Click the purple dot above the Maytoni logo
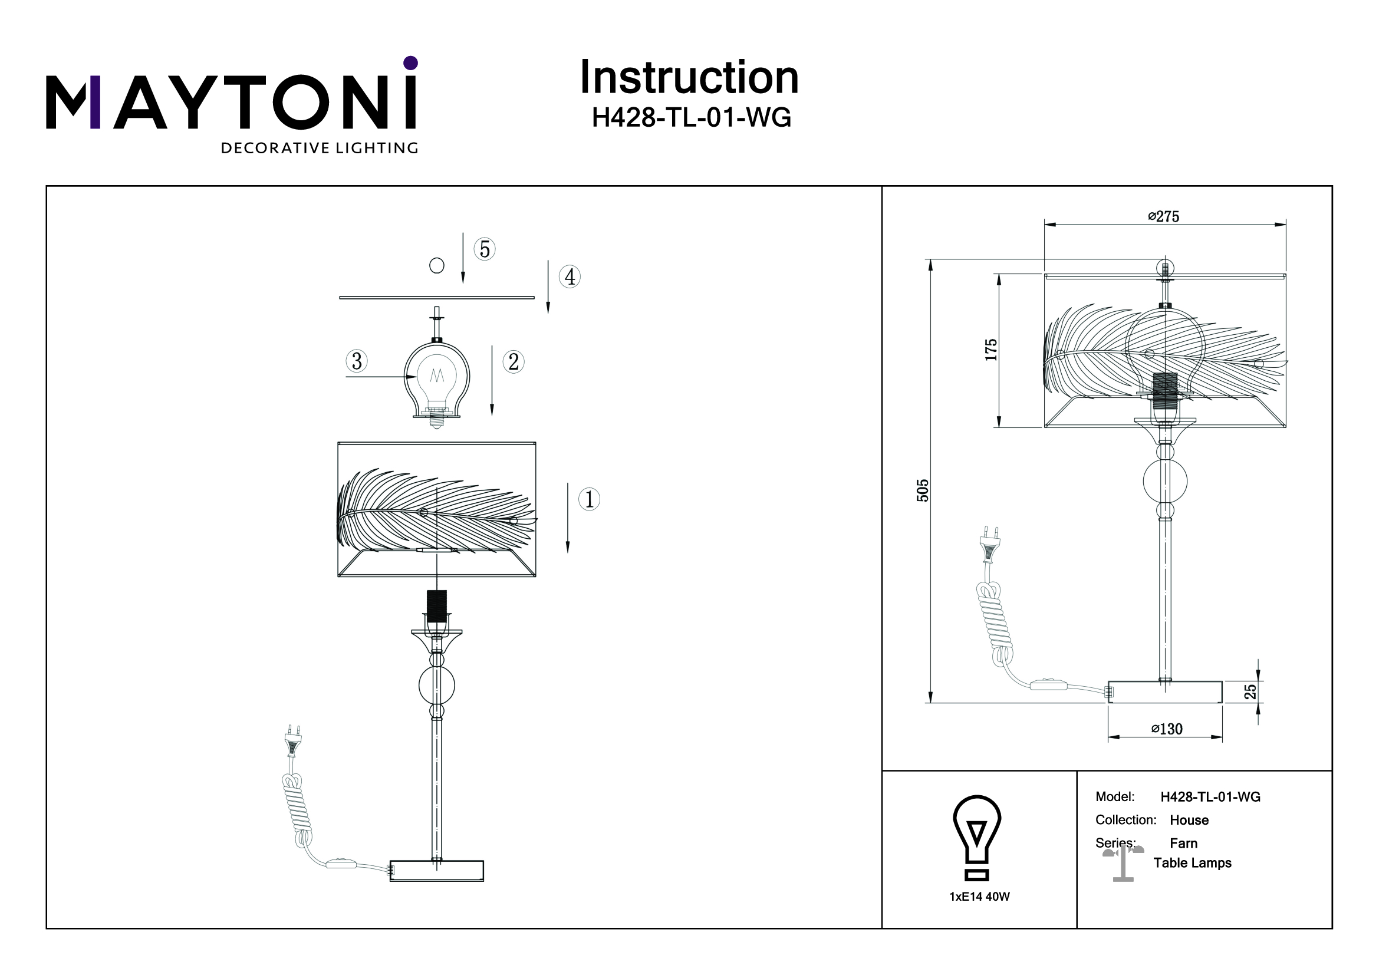tap(410, 63)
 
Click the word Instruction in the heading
tap(689, 78)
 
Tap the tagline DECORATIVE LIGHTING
tap(320, 149)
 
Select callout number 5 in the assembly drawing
tap(485, 249)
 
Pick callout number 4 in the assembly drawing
tap(570, 277)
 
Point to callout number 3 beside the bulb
tap(357, 361)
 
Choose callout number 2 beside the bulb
tap(514, 362)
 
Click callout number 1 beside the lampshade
tap(589, 499)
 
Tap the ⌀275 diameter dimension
tap(1163, 217)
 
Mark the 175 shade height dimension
tap(991, 350)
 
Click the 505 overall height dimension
tap(923, 490)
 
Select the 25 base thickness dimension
tap(1250, 691)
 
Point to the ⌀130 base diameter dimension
tap(1166, 729)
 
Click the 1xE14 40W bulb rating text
tap(980, 897)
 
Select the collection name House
tap(1189, 820)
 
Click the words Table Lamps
tap(1192, 863)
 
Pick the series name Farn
tap(1183, 844)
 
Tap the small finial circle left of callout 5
tap(437, 265)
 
